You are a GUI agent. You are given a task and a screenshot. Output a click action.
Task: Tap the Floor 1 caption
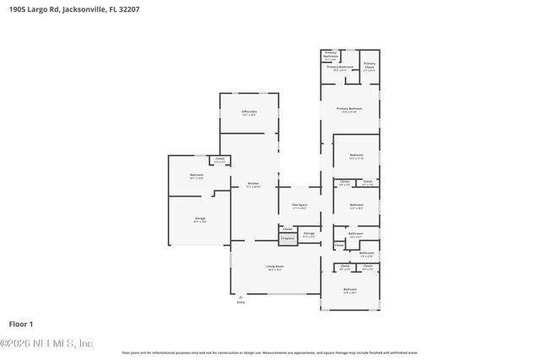pyautogui.click(x=21, y=324)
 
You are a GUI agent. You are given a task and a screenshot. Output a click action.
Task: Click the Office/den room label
pyautogui.click(x=249, y=112)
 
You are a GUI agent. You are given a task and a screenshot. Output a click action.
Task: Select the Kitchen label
pyautogui.click(x=253, y=184)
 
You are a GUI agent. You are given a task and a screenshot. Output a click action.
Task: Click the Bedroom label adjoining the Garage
pyautogui.click(x=197, y=176)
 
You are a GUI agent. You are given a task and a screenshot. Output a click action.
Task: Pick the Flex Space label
pyautogui.click(x=300, y=206)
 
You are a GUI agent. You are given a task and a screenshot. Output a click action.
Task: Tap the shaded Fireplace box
pyautogui.click(x=288, y=239)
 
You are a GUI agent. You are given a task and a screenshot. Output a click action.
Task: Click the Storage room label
pyautogui.click(x=309, y=234)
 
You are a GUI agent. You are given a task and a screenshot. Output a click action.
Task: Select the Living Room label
pyautogui.click(x=274, y=266)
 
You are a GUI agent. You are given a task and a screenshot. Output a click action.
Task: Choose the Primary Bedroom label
pyautogui.click(x=349, y=109)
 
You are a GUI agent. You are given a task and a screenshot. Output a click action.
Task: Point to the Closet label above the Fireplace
pyautogui.click(x=288, y=228)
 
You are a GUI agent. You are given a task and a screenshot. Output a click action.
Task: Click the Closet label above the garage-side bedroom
pyautogui.click(x=220, y=159)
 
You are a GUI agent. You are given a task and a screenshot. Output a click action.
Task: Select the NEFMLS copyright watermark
pyautogui.click(x=46, y=343)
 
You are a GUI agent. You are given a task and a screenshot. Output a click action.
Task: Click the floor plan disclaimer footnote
pyautogui.click(x=270, y=352)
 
